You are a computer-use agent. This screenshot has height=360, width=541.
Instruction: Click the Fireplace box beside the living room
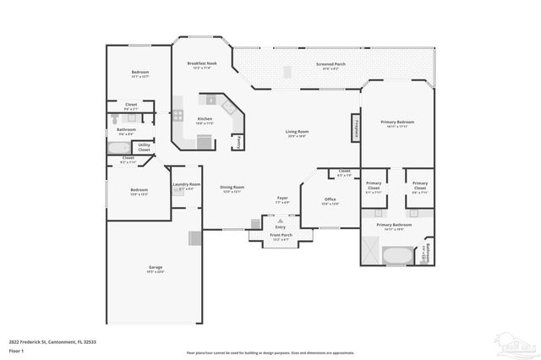point(356,128)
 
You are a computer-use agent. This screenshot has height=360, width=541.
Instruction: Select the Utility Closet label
point(145,147)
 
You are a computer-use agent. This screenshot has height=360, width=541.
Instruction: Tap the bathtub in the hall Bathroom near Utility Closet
point(117,148)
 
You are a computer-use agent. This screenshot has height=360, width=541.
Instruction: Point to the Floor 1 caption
point(28,349)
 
